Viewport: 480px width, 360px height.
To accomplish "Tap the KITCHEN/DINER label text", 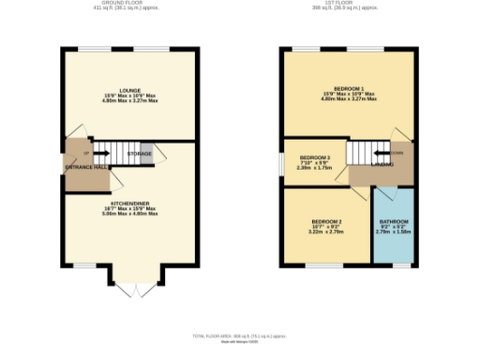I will (x=130, y=202).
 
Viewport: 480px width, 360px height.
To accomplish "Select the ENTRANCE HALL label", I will (x=87, y=167).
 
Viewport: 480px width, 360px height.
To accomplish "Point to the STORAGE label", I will (x=140, y=153).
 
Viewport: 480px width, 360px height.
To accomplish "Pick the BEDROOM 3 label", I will (x=315, y=157).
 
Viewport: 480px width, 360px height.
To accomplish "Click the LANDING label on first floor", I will (x=382, y=167).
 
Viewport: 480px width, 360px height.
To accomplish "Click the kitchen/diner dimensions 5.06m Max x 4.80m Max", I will (x=130, y=214).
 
